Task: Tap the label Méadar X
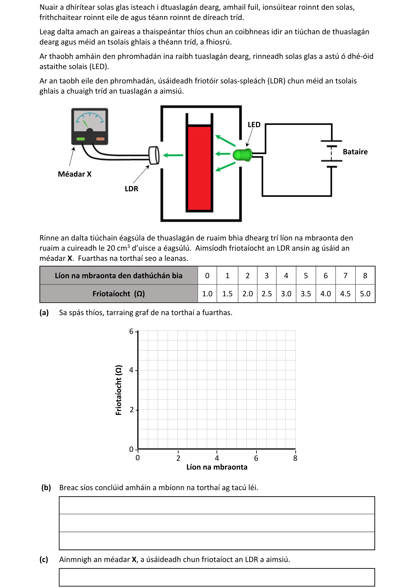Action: (74, 174)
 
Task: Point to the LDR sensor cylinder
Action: (154, 155)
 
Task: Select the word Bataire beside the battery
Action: (355, 152)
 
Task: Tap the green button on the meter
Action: (80, 139)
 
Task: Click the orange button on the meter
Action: (100, 139)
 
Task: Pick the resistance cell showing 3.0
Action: (286, 294)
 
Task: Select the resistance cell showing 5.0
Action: (365, 294)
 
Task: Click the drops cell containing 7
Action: (345, 276)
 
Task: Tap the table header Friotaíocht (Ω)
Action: (119, 294)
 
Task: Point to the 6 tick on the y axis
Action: (131, 331)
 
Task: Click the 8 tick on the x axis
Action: (295, 458)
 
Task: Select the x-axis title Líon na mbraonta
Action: (217, 467)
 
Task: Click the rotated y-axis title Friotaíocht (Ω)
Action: (118, 390)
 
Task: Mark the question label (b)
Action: (46, 487)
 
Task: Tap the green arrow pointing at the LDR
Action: (173, 155)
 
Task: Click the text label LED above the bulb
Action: (254, 125)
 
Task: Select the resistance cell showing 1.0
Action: (207, 294)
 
